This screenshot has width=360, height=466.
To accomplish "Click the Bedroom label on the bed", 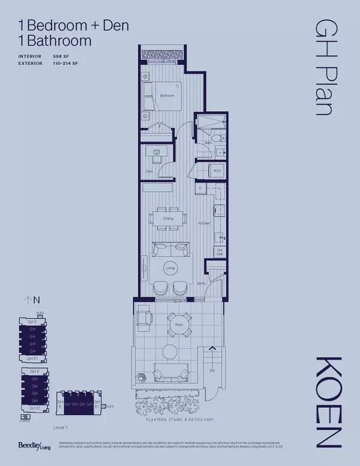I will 167,95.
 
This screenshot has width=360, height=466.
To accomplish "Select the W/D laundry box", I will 217,171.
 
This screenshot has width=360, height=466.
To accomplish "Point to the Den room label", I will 149,172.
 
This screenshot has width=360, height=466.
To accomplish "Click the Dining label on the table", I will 168,219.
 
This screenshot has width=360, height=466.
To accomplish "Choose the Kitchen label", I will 203,223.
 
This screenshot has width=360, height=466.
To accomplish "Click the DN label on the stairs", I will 211,370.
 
